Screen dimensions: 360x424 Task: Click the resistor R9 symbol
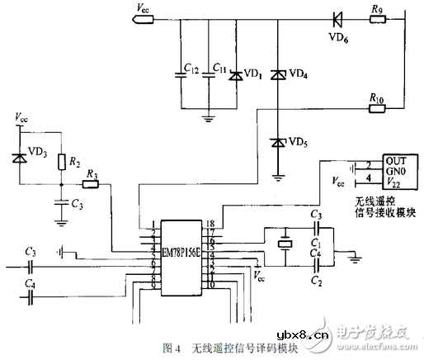pyautogui.click(x=376, y=17)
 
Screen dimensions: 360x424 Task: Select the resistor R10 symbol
pyautogui.click(x=376, y=107)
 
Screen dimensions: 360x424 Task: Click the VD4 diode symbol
pyautogui.click(x=278, y=75)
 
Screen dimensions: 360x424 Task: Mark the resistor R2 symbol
pyautogui.click(x=59, y=162)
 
